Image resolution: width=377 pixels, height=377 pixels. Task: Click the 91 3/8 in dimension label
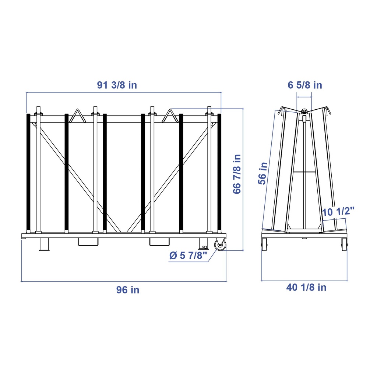[x=117, y=85]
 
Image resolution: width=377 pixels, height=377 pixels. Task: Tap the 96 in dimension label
[x=128, y=290]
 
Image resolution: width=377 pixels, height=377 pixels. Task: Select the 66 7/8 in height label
[x=237, y=174]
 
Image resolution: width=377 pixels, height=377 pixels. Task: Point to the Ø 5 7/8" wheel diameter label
[x=188, y=256]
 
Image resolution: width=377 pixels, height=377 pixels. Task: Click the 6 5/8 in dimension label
[x=305, y=85]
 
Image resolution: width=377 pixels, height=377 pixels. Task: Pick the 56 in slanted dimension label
[x=263, y=173]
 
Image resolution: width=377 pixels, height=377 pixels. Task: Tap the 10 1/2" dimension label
[x=338, y=212]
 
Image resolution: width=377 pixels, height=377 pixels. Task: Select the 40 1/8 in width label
[x=306, y=287]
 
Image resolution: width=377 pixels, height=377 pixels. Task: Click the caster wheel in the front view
[x=220, y=245]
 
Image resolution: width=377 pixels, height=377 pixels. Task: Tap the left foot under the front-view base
[x=44, y=244]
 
